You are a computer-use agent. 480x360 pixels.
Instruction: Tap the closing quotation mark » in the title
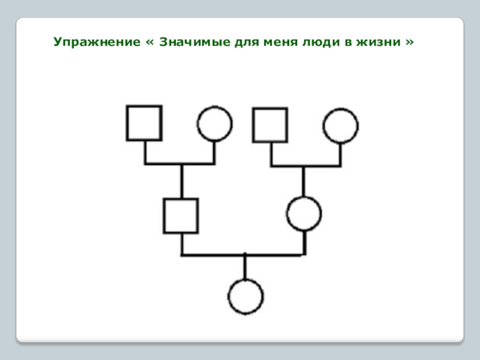coord(410,43)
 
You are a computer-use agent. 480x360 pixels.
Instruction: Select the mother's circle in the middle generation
coord(304,214)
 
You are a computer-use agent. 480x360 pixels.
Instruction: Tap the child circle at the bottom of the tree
coord(245,296)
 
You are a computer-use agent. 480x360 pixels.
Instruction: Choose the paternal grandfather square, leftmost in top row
coord(144,123)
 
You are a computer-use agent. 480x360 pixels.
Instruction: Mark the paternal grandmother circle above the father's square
coord(214,124)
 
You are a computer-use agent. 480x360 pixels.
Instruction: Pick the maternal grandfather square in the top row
coord(270,125)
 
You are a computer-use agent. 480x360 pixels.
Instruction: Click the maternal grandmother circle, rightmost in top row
coord(341,126)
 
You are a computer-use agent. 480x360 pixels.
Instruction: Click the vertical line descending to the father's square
coord(181,181)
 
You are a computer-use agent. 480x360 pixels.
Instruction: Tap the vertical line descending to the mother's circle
coord(304,181)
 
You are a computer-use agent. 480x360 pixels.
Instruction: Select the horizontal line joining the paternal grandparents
coord(179,163)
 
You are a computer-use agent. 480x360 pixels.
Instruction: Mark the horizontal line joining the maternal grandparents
coord(305,165)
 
